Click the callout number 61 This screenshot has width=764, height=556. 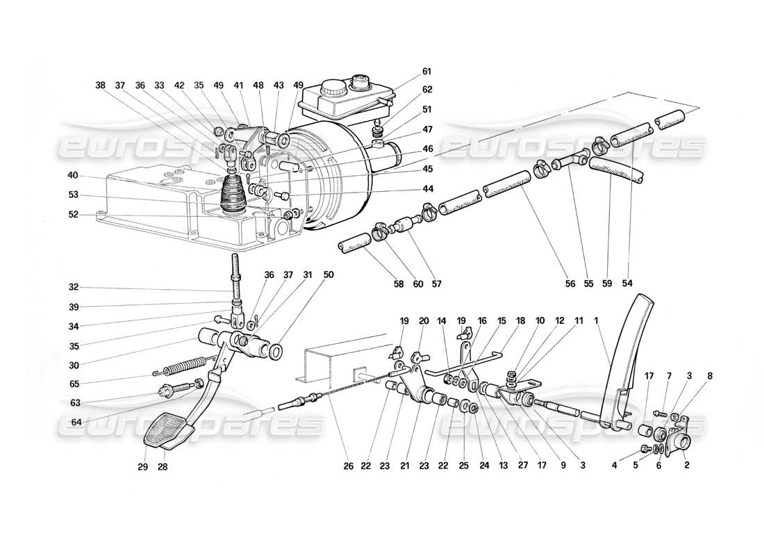pyautogui.click(x=426, y=72)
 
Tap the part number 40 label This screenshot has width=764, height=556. pyautogui.click(x=74, y=175)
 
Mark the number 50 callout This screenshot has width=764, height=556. pyautogui.click(x=329, y=275)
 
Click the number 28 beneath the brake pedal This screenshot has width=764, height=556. pyautogui.click(x=162, y=467)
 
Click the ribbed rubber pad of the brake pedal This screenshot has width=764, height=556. pyautogui.click(x=167, y=428)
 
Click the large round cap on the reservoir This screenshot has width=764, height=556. pyautogui.click(x=330, y=88)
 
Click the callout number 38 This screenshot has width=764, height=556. pyautogui.click(x=101, y=86)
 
